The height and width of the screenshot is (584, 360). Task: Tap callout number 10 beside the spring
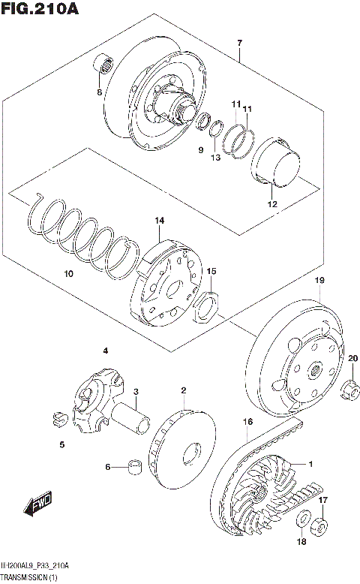pos(68,275)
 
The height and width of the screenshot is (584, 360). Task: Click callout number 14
pos(159,220)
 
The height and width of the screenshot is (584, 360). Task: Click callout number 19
pos(319,281)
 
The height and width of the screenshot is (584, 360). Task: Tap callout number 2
pos(182,390)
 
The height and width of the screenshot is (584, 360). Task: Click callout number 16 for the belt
pos(246,423)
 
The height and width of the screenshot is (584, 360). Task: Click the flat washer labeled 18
pos(304,519)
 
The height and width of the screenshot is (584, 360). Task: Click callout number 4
pos(106,351)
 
